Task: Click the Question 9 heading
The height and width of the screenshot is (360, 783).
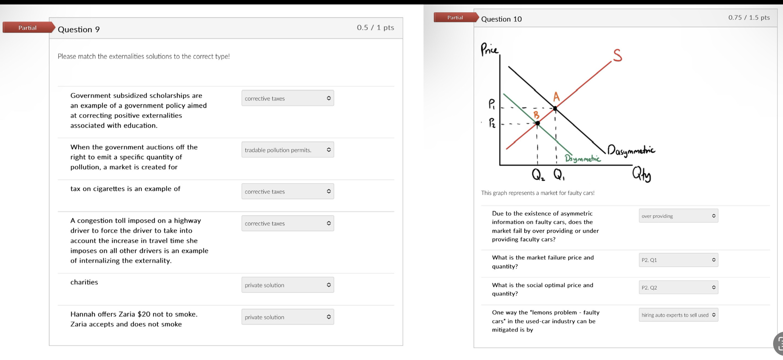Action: pos(79,29)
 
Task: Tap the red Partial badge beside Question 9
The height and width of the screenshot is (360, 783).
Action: pos(27,28)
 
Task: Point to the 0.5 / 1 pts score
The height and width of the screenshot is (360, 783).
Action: pos(375,28)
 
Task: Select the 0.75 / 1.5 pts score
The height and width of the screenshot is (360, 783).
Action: pos(749,17)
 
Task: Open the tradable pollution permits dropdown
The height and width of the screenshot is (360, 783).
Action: pos(287,150)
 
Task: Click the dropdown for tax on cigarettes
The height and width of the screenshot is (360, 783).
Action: pos(287,191)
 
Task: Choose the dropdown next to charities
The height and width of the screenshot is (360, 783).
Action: pos(287,285)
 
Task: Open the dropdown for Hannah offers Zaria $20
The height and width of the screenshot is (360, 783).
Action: pos(287,317)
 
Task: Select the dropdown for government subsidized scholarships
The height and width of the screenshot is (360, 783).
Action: pos(287,98)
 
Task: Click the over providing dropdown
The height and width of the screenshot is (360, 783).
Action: pos(678,216)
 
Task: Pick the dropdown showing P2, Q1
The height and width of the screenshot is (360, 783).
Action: pos(678,260)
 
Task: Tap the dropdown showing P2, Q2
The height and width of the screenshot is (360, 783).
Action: pos(678,288)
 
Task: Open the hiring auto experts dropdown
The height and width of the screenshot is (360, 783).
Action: pos(678,315)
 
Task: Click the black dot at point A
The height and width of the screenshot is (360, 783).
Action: pos(555,109)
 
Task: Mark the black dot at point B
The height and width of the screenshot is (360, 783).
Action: pos(538,123)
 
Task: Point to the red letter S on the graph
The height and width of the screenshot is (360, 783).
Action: pos(617,55)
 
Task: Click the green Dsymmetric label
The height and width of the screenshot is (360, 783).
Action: pos(582,158)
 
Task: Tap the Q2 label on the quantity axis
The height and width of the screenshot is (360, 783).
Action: pos(538,175)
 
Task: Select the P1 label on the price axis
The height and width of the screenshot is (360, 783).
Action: pos(492,104)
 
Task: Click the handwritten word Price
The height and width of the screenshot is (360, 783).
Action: pos(489,49)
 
